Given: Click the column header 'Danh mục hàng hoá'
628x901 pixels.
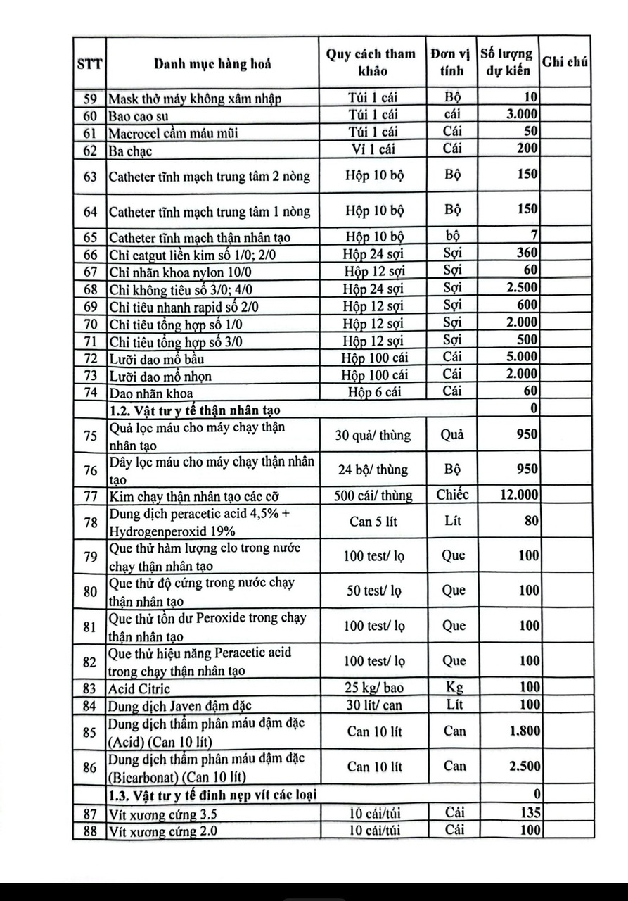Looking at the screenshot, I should (212, 64).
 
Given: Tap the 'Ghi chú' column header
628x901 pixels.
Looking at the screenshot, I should (565, 62).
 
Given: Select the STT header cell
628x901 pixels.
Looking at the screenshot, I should (89, 64).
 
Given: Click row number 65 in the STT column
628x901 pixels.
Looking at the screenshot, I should (90, 237).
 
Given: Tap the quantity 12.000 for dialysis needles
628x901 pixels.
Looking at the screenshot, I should (519, 496).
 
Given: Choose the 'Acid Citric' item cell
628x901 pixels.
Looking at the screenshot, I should (139, 688).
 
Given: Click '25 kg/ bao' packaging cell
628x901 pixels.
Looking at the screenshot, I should (374, 688).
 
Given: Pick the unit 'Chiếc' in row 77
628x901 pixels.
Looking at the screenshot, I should (452, 496).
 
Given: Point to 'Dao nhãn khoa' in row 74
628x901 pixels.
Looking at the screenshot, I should (150, 393).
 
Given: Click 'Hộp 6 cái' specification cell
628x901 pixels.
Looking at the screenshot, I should (374, 392).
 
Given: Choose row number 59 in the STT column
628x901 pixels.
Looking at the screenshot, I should (90, 99).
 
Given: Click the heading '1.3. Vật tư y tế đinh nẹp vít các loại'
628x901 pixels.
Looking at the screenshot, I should (212, 795).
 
